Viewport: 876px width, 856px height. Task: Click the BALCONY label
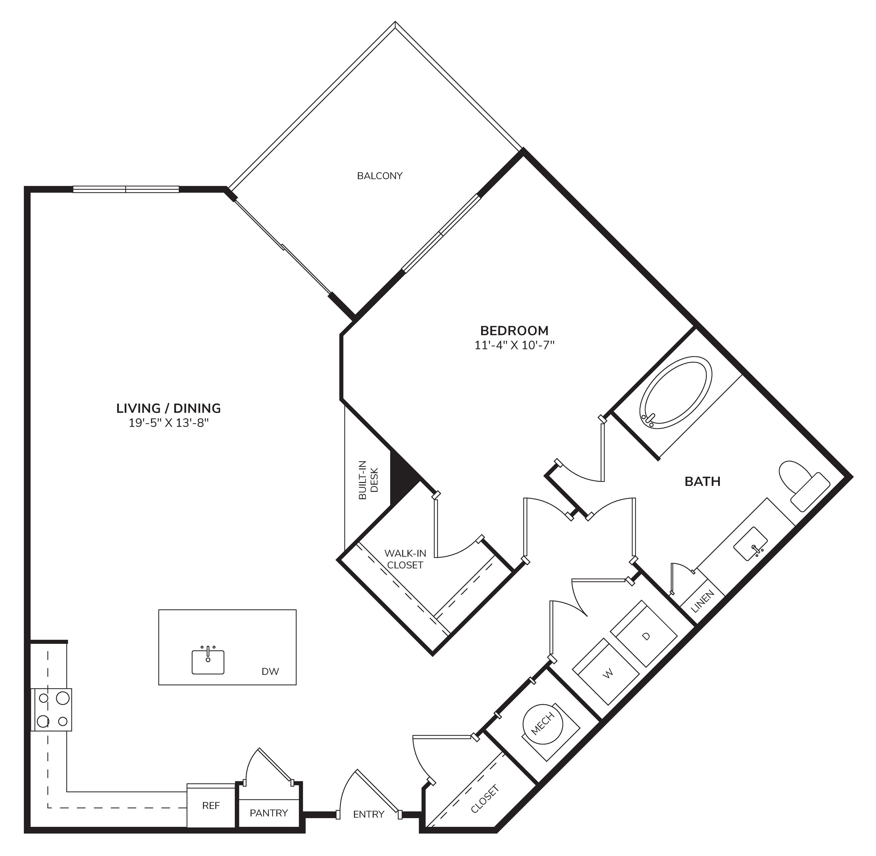click(x=380, y=176)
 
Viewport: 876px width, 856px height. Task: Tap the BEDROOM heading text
click(x=515, y=331)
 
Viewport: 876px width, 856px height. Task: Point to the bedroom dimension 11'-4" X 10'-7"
click(x=515, y=345)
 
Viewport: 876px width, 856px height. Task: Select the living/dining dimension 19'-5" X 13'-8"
click(x=169, y=423)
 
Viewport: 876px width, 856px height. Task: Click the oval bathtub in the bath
click(x=676, y=393)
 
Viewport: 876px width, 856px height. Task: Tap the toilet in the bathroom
click(x=804, y=486)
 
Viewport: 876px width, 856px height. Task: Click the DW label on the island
click(x=270, y=672)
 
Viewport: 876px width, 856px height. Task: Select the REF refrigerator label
click(x=211, y=806)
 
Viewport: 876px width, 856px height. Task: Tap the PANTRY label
click(x=269, y=813)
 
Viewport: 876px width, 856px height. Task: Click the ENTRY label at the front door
click(x=369, y=814)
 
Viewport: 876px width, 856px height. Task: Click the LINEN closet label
click(x=703, y=602)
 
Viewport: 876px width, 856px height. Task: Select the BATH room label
click(x=703, y=482)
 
